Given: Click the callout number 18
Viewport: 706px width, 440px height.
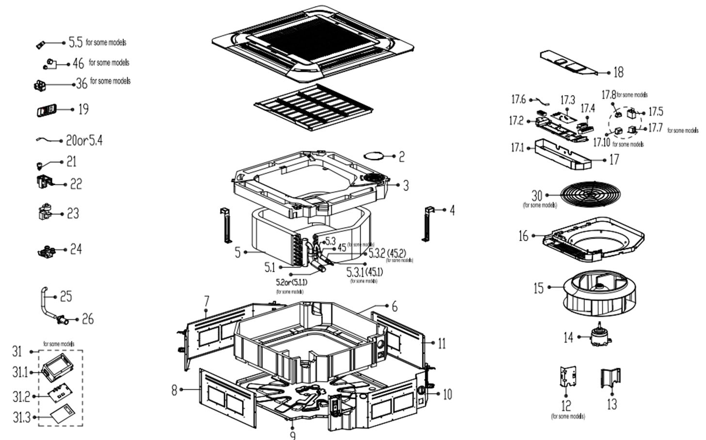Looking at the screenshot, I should (x=618, y=73).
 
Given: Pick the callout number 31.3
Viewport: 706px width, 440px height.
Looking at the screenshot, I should (x=21, y=417).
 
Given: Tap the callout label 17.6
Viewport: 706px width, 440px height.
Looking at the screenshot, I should (x=518, y=100).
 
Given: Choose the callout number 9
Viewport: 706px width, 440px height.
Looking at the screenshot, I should (x=292, y=435).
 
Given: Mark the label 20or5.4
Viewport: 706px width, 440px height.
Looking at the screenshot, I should (x=84, y=141).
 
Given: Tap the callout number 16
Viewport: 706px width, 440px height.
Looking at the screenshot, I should (x=523, y=236).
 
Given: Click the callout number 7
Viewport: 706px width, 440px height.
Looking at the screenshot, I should (x=207, y=302).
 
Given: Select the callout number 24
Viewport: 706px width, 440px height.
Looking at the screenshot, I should (x=76, y=249).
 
